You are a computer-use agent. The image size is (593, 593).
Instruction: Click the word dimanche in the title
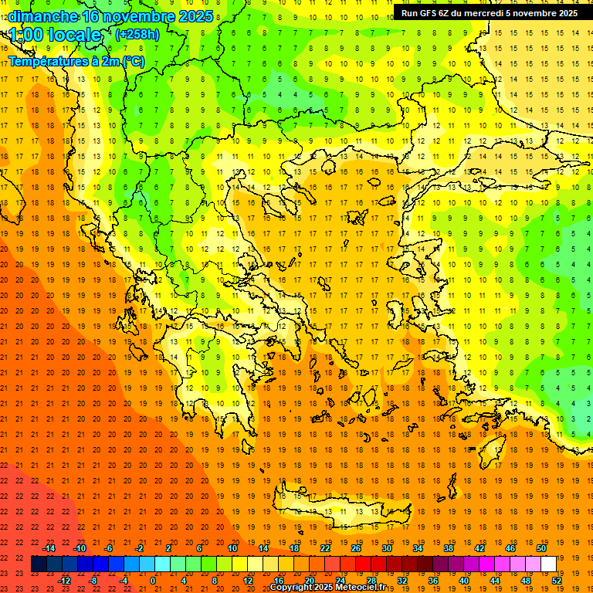pyautogui.click(x=42, y=16)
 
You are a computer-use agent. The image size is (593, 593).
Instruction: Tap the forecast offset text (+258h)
pyautogui.click(x=138, y=34)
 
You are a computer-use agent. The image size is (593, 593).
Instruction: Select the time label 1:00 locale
pyautogui.click(x=56, y=35)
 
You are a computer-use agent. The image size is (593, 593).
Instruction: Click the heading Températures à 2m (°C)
pyautogui.click(x=76, y=61)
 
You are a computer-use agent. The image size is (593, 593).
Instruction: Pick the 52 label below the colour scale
pyautogui.click(x=557, y=581)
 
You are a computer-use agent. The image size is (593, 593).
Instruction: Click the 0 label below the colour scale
pyautogui.click(x=153, y=581)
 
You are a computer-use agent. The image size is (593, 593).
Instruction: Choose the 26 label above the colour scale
pyautogui.click(x=356, y=548)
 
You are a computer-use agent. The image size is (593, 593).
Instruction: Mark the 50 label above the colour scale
pyautogui.click(x=541, y=548)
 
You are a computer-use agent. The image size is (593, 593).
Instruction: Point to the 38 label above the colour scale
pyautogui.click(x=449, y=548)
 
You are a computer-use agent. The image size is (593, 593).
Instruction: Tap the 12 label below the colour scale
pyautogui.click(x=248, y=581)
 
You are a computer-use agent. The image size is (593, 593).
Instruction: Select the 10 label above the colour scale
pyautogui.click(x=232, y=548)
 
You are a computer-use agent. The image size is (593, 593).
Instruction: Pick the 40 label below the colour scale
pyautogui.click(x=464, y=581)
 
